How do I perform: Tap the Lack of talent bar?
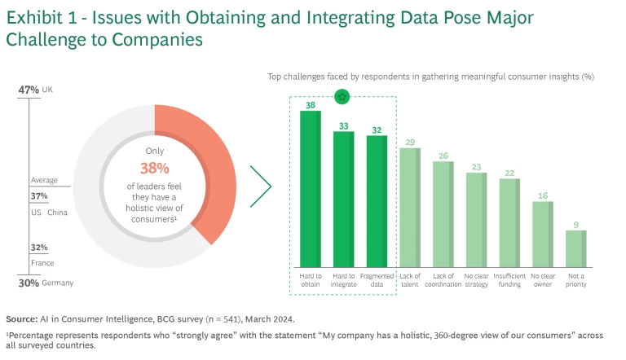[410, 208]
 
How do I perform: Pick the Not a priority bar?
[576, 248]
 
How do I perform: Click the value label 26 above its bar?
[443, 155]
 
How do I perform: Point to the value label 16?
[543, 195]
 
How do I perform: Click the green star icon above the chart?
[343, 97]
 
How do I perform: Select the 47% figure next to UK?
[29, 89]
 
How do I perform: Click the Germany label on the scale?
[57, 283]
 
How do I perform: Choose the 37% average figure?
[39, 196]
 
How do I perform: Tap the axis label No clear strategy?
[476, 280]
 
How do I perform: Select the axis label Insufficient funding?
[509, 280]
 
